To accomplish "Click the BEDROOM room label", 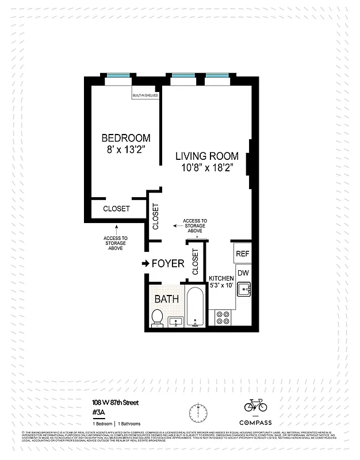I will [x=126, y=138].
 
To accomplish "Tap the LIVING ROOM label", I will [x=206, y=156].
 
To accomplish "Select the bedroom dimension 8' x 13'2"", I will [x=126, y=150].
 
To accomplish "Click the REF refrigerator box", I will [x=243, y=253].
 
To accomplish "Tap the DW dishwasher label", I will [x=243, y=273].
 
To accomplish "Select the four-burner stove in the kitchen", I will [x=223, y=318].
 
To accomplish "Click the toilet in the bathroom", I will [x=156, y=317].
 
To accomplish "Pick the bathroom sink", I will [x=175, y=321].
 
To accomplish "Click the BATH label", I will [x=167, y=299].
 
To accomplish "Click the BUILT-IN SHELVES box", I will [x=145, y=95].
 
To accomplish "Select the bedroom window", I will [x=120, y=75].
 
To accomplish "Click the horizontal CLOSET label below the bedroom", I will [x=116, y=209].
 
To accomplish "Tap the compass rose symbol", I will [x=197, y=412].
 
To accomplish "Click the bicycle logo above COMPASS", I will [x=255, y=405].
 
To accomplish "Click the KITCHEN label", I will [x=221, y=278].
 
